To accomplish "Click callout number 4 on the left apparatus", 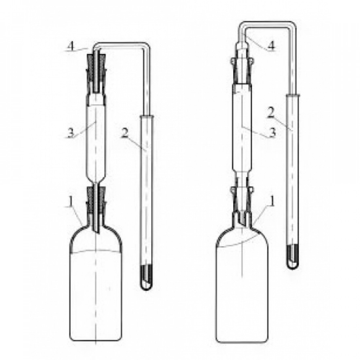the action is (x=71, y=46).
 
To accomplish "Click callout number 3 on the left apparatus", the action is (x=71, y=133).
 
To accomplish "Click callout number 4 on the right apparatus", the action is (x=271, y=46).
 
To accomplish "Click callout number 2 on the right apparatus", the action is (x=271, y=112).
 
